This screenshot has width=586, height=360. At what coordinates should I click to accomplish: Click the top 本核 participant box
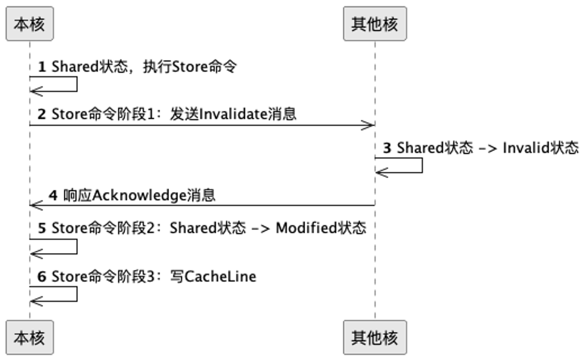(x=30, y=24)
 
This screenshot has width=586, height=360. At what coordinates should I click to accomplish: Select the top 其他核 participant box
(x=375, y=24)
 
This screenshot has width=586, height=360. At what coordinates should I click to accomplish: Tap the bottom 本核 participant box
(x=30, y=338)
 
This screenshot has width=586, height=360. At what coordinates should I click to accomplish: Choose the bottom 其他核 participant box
(x=375, y=338)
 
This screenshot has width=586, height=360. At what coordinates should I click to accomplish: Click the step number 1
(x=41, y=67)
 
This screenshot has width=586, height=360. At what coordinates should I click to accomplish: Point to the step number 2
(x=41, y=114)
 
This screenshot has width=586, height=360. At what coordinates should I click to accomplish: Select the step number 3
(x=387, y=148)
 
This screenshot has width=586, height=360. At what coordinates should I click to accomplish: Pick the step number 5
(x=41, y=228)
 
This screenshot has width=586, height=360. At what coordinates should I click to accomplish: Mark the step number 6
(x=41, y=276)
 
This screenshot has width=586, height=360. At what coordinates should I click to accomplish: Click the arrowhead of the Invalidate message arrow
(x=369, y=125)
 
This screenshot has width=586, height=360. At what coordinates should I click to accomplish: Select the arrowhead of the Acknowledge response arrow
(x=35, y=205)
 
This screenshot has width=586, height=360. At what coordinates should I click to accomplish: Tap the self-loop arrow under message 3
(x=422, y=165)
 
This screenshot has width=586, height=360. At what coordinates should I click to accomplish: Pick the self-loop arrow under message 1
(x=76, y=84)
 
